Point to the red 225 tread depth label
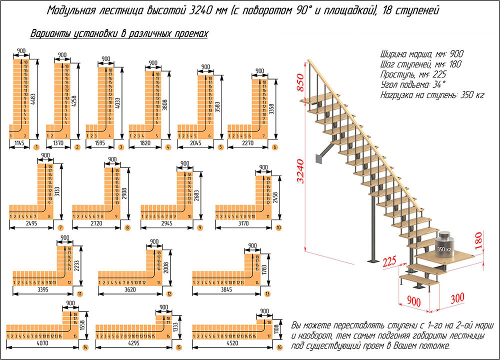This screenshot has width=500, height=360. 390,261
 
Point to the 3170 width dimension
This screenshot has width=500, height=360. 241,224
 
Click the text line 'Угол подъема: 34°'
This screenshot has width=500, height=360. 413,83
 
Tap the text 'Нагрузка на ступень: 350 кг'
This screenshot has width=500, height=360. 430,94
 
